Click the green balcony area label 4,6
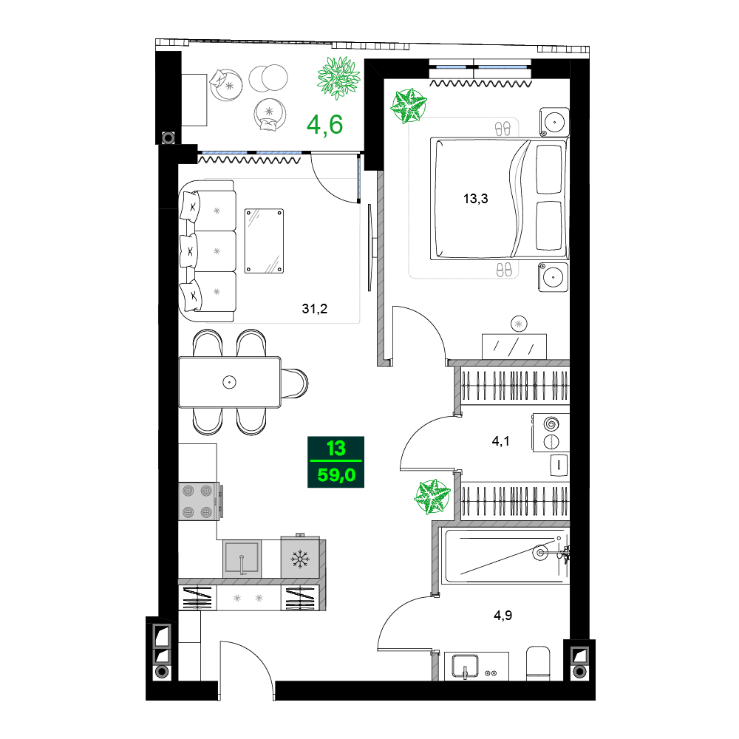(x=324, y=125)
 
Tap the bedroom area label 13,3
(x=475, y=199)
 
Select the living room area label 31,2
(x=314, y=309)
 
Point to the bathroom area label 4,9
(x=503, y=615)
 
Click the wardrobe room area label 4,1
(x=500, y=441)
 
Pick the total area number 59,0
(x=336, y=474)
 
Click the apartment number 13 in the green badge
(x=336, y=449)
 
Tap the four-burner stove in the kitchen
(x=198, y=501)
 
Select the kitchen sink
(x=242, y=559)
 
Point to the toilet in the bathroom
(x=538, y=663)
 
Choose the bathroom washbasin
(x=465, y=667)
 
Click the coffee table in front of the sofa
(x=264, y=241)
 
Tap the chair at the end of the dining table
(x=294, y=383)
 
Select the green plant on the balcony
(x=338, y=78)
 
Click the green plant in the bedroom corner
(x=408, y=106)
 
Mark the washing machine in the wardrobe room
(x=551, y=432)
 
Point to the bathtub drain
(x=540, y=552)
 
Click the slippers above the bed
(x=503, y=128)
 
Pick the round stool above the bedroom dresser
(x=519, y=324)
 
